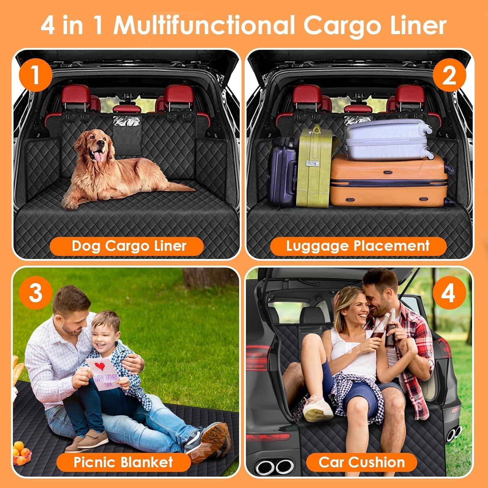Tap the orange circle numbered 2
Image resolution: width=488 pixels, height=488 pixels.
pyautogui.click(x=449, y=76)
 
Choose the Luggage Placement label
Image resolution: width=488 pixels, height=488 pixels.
pyautogui.click(x=358, y=246)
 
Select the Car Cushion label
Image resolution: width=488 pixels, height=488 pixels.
pyautogui.click(x=361, y=462)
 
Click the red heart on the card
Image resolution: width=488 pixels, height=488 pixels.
pyautogui.click(x=100, y=366)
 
